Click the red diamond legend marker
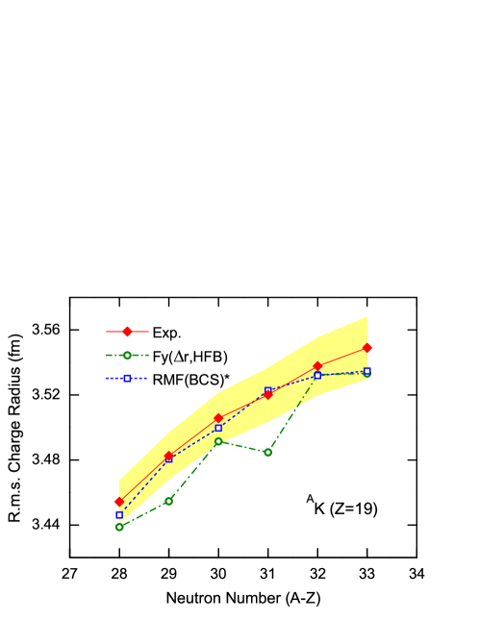tap(127, 331)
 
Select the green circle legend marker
tap(127, 355)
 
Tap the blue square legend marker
tap(127, 378)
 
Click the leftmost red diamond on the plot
tap(119, 502)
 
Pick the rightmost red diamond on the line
tap(367, 348)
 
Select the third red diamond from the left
tap(218, 418)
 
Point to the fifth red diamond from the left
tap(317, 366)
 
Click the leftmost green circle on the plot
tap(119, 527)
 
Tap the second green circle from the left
tap(168, 501)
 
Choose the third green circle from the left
tap(218, 441)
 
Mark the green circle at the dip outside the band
tap(267, 452)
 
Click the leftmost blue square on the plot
tap(119, 514)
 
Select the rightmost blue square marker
tap(366, 371)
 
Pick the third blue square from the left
tap(218, 428)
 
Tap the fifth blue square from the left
tap(317, 375)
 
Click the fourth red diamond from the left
tap(267, 394)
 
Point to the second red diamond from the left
tap(168, 456)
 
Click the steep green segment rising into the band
tap(292, 413)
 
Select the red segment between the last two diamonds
tap(342, 357)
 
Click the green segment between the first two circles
tap(144, 513)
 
